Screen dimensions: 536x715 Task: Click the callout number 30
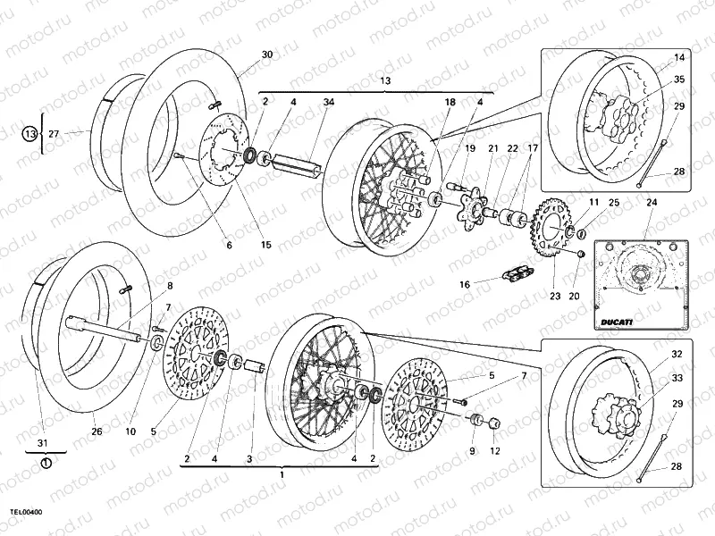coord(266,54)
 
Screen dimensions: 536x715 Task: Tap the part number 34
coord(329,103)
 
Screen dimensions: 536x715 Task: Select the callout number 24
coord(650,203)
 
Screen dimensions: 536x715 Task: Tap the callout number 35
coord(679,80)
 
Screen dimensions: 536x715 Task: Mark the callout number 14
coord(679,57)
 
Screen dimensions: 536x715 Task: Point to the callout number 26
coord(97,431)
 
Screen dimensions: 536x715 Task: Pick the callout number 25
coord(613,203)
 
